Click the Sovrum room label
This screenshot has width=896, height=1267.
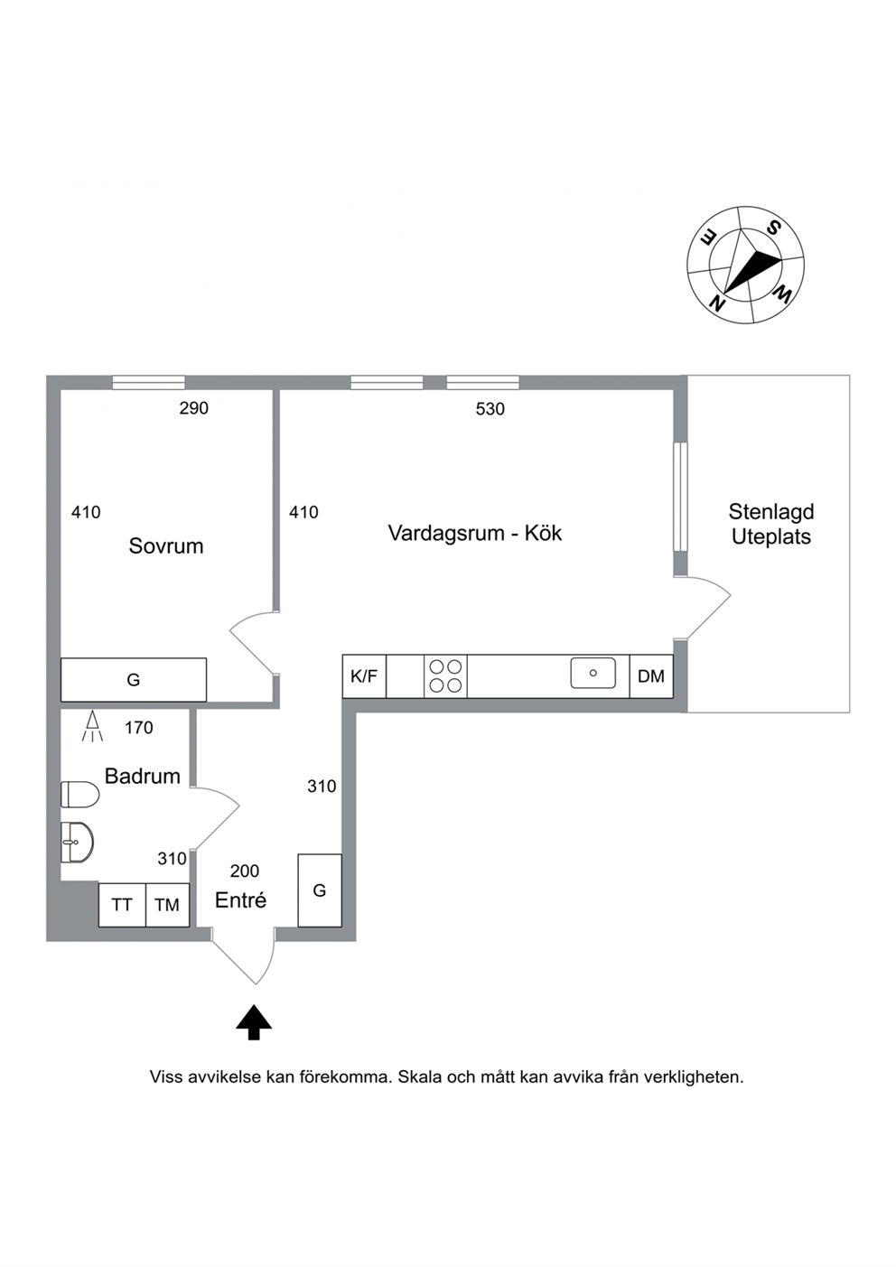[165, 545]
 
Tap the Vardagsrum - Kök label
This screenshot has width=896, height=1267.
[474, 533]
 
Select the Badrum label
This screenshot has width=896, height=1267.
[143, 776]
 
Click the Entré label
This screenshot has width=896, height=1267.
[240, 900]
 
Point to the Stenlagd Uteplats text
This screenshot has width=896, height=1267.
[771, 524]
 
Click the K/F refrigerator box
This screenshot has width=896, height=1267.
[364, 676]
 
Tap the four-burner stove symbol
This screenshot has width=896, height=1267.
[445, 676]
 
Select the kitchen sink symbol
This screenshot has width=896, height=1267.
[593, 673]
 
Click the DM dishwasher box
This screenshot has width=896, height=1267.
[651, 676]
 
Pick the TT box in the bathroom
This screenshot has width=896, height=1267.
[122, 905]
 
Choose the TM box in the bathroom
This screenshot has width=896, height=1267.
[167, 905]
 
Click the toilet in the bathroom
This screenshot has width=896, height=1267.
[79, 795]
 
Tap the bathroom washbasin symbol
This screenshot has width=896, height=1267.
[77, 843]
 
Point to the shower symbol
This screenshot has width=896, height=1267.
[92, 727]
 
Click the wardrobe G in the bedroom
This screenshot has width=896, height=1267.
[134, 680]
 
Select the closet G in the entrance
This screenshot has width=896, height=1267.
[320, 890]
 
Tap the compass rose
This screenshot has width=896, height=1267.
[745, 265]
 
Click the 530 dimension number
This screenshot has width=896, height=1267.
[490, 409]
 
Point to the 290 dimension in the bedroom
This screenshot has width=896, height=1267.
[194, 408]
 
